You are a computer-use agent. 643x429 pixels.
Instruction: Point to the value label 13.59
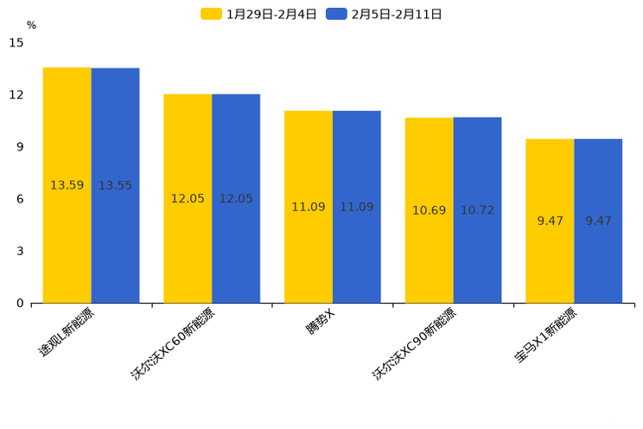(67, 185)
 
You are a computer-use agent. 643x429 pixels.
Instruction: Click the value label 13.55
(115, 185)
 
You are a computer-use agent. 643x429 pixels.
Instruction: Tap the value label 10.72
(477, 210)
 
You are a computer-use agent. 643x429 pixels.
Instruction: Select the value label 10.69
(429, 210)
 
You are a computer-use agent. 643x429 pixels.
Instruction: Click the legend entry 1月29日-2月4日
(259, 14)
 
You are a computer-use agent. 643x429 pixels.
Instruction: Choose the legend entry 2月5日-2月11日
(385, 14)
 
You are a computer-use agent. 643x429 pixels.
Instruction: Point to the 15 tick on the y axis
(16, 42)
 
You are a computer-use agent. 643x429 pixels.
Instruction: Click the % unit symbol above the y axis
(31, 25)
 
